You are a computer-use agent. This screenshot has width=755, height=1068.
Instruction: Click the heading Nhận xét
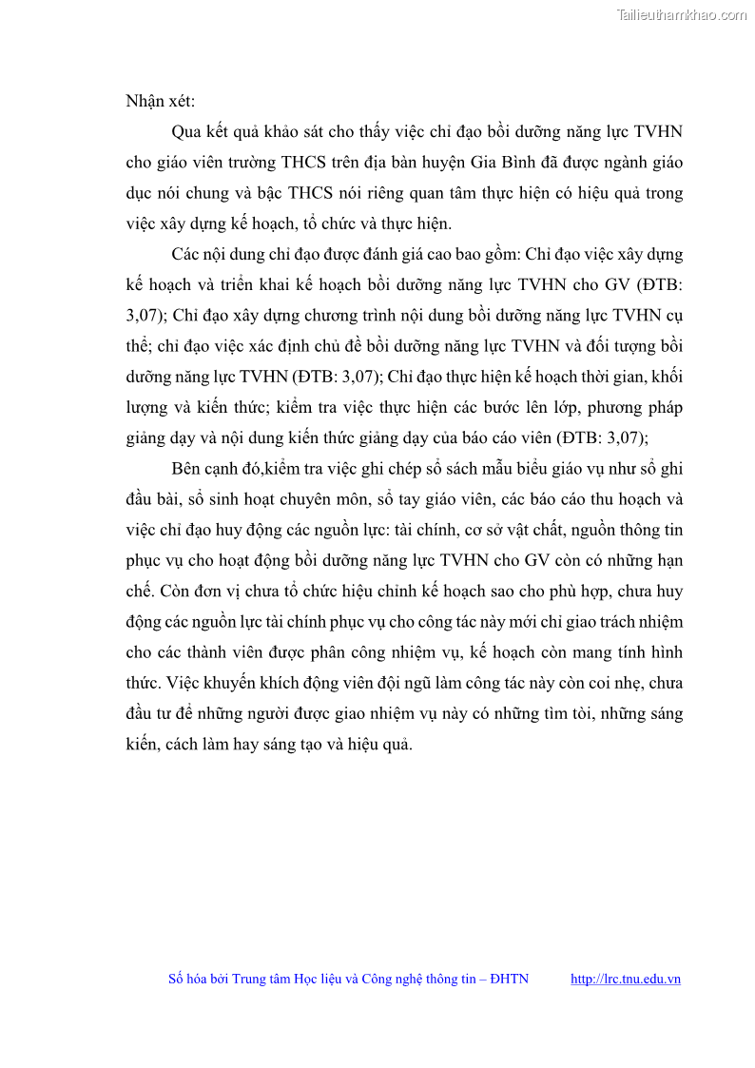tap(160, 101)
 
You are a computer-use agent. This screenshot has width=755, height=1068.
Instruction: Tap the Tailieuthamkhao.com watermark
tap(682, 14)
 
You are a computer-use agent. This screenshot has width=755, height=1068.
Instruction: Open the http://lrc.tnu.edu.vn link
tap(626, 979)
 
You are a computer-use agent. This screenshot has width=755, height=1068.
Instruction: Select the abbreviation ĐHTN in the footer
tap(510, 979)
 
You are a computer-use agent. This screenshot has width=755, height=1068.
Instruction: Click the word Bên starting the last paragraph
tap(187, 469)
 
